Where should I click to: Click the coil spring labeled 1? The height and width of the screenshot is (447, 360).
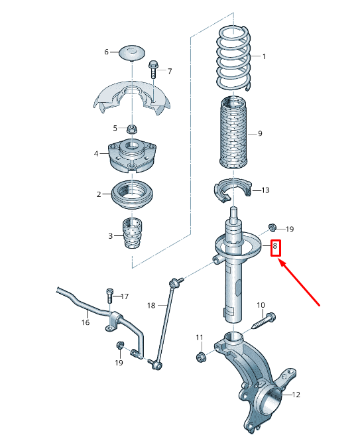[x=233, y=57]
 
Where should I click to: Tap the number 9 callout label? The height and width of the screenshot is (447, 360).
[x=260, y=134]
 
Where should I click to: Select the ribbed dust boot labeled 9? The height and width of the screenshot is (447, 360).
[x=233, y=133]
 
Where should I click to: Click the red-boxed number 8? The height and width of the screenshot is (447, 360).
[x=276, y=249]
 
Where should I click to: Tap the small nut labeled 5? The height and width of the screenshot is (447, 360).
[x=131, y=127]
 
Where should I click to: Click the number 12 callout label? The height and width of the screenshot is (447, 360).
[x=296, y=395]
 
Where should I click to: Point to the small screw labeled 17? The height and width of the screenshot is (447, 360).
[x=109, y=296]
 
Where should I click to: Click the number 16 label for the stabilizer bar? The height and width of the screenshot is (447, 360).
[x=85, y=323]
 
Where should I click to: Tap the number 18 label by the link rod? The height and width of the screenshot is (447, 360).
[x=151, y=305]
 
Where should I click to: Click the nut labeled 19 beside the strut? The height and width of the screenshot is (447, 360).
[x=272, y=227]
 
